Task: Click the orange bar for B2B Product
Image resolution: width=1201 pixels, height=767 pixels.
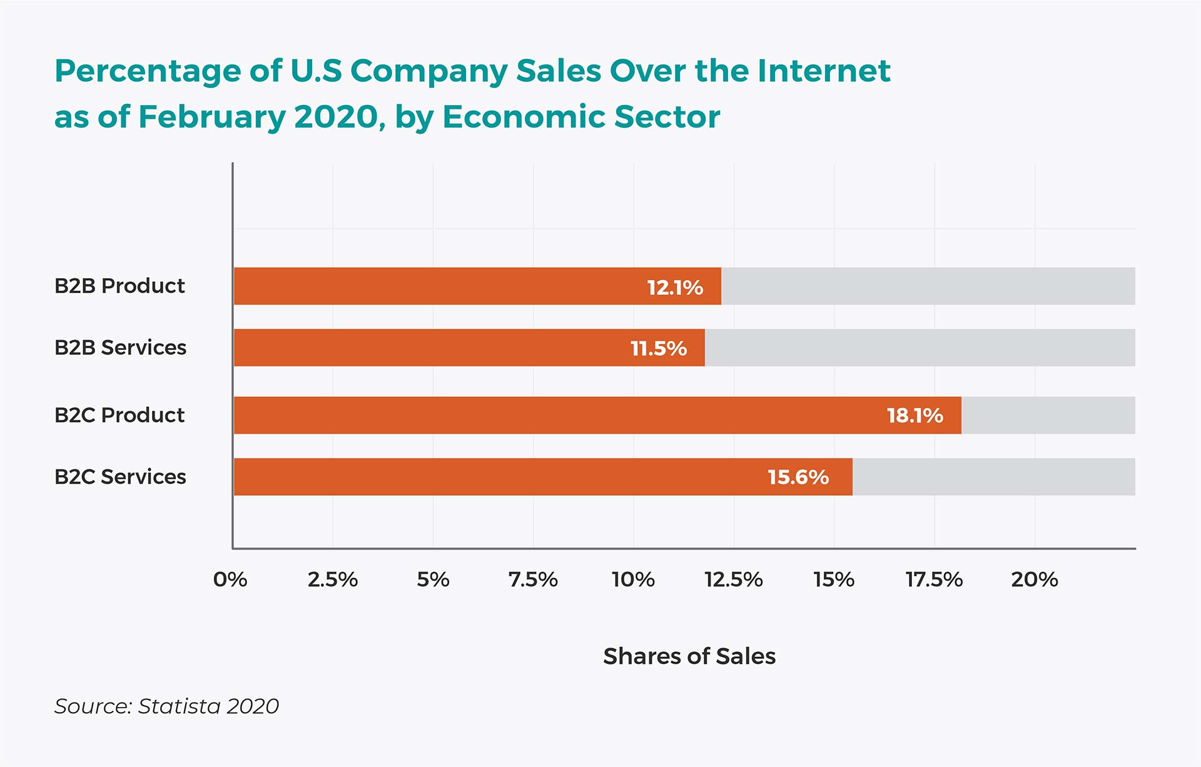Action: coord(438,286)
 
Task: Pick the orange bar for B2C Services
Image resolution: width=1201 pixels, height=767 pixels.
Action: coord(500,477)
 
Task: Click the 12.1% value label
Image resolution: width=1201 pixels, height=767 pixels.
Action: coord(675,288)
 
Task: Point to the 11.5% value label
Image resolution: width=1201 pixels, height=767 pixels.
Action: coord(659,348)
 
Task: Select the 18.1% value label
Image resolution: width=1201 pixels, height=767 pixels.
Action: coord(915,416)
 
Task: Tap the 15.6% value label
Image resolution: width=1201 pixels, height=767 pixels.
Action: coord(798,478)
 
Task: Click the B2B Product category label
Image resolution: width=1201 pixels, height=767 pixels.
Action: coord(119,286)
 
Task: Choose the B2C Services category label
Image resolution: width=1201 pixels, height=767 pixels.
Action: coord(120,477)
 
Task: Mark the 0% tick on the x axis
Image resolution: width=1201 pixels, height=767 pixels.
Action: coord(230,579)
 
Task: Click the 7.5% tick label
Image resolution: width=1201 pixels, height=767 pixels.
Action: coord(533,579)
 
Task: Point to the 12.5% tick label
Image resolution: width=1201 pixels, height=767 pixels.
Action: coord(734,579)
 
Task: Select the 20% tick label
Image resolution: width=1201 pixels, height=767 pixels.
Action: coord(1035,579)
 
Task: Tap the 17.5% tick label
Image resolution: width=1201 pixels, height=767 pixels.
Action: coord(934,579)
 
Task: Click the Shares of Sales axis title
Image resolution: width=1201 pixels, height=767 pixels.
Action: coord(689,656)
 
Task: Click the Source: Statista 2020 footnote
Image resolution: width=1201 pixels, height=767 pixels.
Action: coord(166,706)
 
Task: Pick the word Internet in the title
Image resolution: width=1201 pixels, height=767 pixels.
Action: coord(824,71)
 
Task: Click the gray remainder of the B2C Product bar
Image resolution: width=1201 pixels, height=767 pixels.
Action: coord(1048,415)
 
